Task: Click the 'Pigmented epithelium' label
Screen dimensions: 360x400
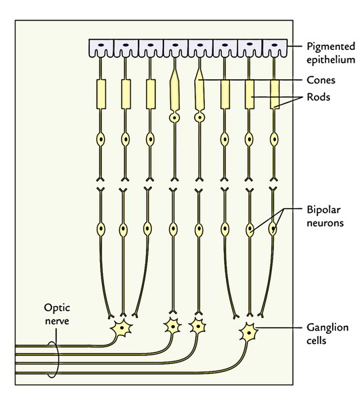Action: (331, 53)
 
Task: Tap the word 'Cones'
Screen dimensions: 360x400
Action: (321, 80)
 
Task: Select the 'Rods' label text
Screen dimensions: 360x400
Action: (318, 97)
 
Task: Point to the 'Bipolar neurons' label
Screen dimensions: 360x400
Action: (325, 216)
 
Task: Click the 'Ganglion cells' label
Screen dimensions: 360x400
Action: (327, 334)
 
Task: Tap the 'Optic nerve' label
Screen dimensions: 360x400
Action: (57, 314)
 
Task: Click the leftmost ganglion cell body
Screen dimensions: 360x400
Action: (122, 328)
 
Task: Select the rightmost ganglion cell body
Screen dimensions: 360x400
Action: (248, 333)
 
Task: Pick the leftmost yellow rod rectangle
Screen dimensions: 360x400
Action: (101, 95)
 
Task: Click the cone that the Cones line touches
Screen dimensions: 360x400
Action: (199, 92)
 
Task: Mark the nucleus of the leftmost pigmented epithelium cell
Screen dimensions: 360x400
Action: (101, 45)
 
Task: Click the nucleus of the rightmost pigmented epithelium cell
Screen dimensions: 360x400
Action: (275, 45)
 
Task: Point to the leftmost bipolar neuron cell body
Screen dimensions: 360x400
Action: (101, 229)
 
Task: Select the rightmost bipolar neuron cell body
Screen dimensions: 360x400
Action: (273, 229)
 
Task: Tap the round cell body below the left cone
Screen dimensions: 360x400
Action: (175, 118)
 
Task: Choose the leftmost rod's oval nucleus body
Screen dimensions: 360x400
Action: (101, 139)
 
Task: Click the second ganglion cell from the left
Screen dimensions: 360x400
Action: (173, 326)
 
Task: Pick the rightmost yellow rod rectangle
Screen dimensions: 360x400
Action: (275, 95)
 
